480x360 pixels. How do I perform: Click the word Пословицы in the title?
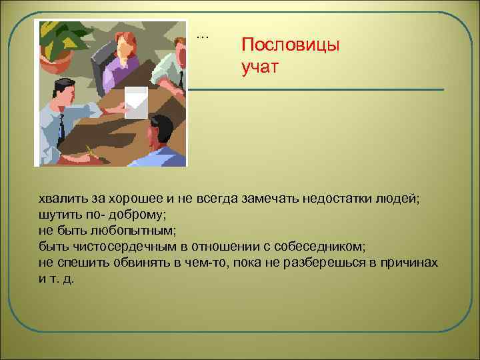pos(290,45)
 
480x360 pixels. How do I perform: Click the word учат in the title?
pos(263,67)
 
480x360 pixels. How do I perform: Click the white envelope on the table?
pos(136,102)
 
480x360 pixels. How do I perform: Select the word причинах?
pos(406,262)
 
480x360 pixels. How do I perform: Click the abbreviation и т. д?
pos(57,278)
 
